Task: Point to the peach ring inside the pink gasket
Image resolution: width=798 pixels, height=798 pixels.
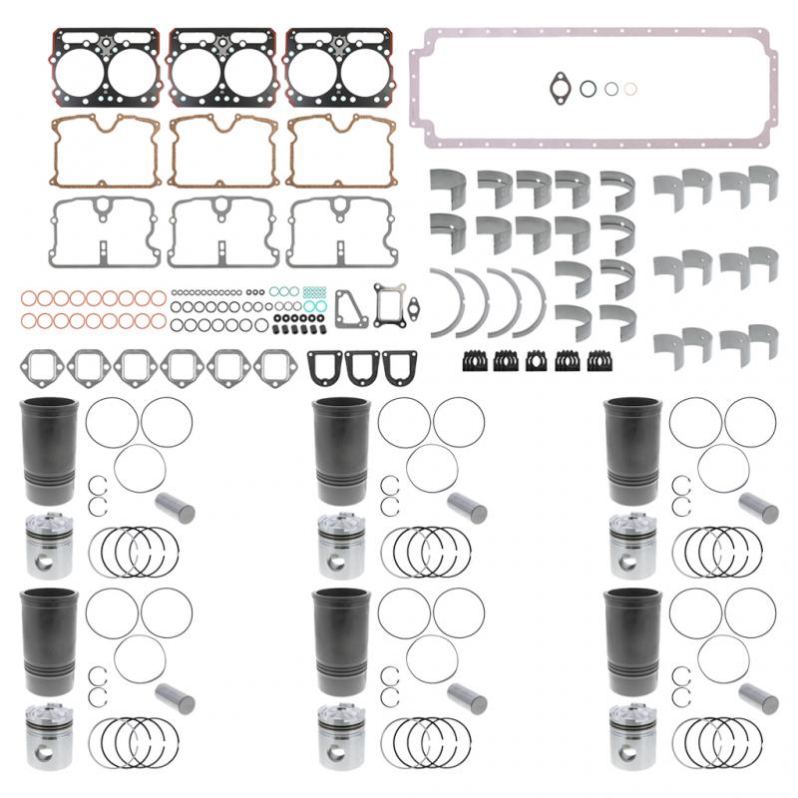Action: (x=629, y=89)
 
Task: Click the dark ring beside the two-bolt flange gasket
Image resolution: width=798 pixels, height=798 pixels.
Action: (x=590, y=88)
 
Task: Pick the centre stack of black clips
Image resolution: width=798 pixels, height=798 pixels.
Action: (x=536, y=361)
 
